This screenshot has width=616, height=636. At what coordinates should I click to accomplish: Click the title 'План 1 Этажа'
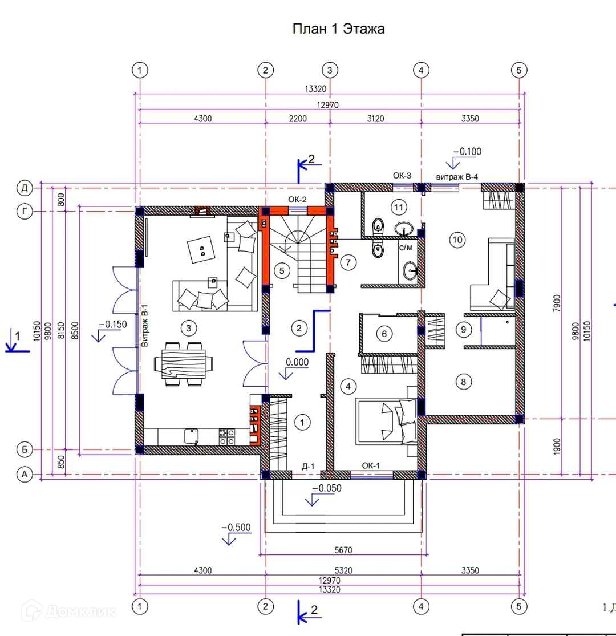pyautogui.click(x=338, y=29)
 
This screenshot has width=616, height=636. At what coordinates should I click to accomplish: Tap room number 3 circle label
pyautogui.click(x=189, y=328)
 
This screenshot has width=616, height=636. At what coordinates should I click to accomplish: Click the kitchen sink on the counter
pyautogui.click(x=192, y=436)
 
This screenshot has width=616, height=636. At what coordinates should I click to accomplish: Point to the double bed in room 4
pyautogui.click(x=387, y=420)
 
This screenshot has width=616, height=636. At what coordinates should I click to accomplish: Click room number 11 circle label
pyautogui.click(x=399, y=208)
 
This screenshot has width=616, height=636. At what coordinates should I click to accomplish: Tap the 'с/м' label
pyautogui.click(x=406, y=248)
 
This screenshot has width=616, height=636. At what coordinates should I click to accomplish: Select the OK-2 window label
pyautogui.click(x=297, y=200)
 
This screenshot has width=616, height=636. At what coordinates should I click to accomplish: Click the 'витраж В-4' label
pyautogui.click(x=457, y=177)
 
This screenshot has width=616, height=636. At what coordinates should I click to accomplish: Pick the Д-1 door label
pyautogui.click(x=308, y=467)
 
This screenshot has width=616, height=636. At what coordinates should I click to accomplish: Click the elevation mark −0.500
pyautogui.click(x=236, y=527)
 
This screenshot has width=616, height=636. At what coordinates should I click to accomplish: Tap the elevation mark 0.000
pyautogui.click(x=297, y=362)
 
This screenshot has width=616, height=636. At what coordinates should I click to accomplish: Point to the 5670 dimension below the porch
pyautogui.click(x=343, y=550)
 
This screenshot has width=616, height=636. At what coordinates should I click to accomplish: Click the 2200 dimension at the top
pyautogui.click(x=298, y=119)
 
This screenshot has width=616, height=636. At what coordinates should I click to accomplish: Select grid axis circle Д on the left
pyautogui.click(x=25, y=188)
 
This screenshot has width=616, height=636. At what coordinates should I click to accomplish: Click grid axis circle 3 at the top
pyautogui.click(x=330, y=70)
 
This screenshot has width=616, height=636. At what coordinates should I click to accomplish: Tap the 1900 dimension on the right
pyautogui.click(x=556, y=447)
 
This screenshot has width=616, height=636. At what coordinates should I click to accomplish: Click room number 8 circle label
pyautogui.click(x=464, y=382)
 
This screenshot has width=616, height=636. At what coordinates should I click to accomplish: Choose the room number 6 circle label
pyautogui.click(x=384, y=334)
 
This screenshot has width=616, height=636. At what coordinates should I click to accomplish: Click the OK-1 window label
pyautogui.click(x=371, y=465)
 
